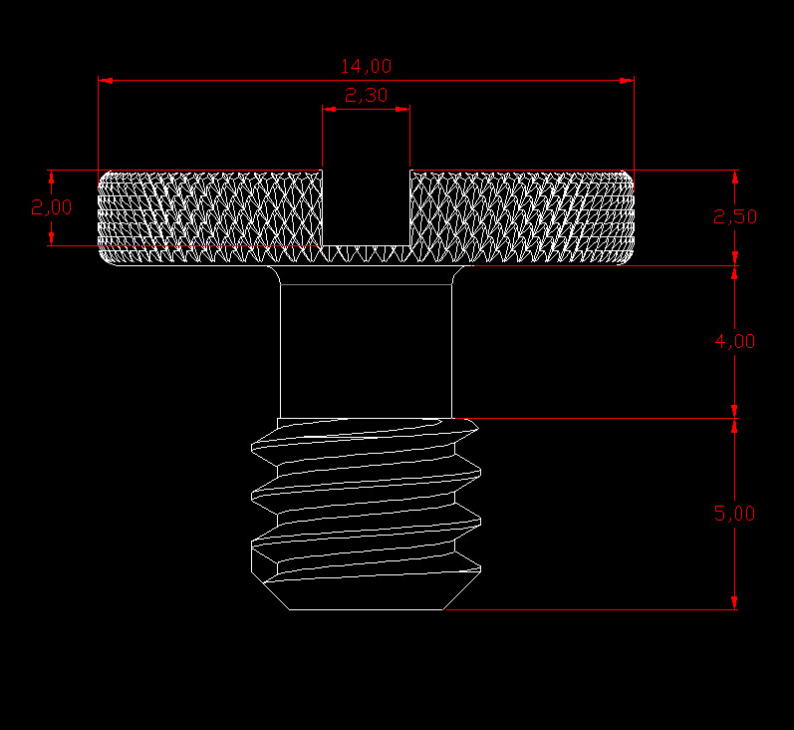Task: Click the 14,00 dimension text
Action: pos(366,67)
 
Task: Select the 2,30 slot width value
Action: pos(366,96)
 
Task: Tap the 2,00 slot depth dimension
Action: pos(51,207)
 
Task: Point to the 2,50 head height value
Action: pos(735,216)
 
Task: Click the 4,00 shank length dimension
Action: pos(735,341)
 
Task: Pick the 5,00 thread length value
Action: pos(735,514)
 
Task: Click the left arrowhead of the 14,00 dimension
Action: pos(105,79)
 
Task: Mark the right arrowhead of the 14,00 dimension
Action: pos(628,79)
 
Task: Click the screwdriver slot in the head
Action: pos(366,204)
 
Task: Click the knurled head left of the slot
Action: pos(209,214)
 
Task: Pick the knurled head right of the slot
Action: pos(523,214)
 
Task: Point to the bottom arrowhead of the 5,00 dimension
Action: pos(734,602)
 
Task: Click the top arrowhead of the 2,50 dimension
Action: pos(734,176)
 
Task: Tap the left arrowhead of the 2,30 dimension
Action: pos(328,108)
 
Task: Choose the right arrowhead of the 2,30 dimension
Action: pos(403,108)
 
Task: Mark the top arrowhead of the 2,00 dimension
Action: pos(52,176)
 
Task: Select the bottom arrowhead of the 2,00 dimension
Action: pos(52,238)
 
